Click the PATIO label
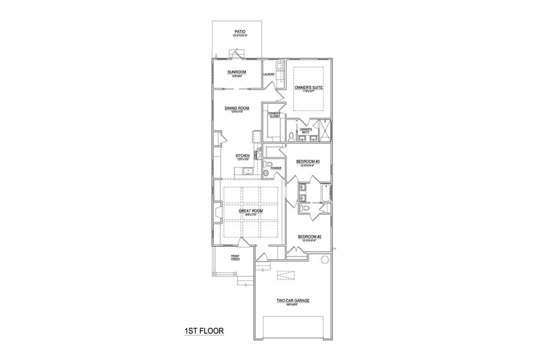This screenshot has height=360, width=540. [239, 33]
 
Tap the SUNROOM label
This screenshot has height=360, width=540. [237, 73]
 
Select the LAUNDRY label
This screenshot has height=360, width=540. [269, 74]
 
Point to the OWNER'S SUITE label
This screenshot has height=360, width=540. [310, 88]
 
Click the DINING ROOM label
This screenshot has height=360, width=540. [237, 109]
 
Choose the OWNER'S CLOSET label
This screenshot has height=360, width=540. [274, 115]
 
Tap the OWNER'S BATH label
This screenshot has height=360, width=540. [306, 130]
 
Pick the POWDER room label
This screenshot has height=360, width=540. [276, 169]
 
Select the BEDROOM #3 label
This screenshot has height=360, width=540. [308, 162]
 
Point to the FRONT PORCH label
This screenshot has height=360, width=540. [235, 258]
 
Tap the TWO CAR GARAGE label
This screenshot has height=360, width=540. [292, 301]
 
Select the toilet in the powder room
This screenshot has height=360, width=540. [268, 164]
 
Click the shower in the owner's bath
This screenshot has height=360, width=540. [325, 129]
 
